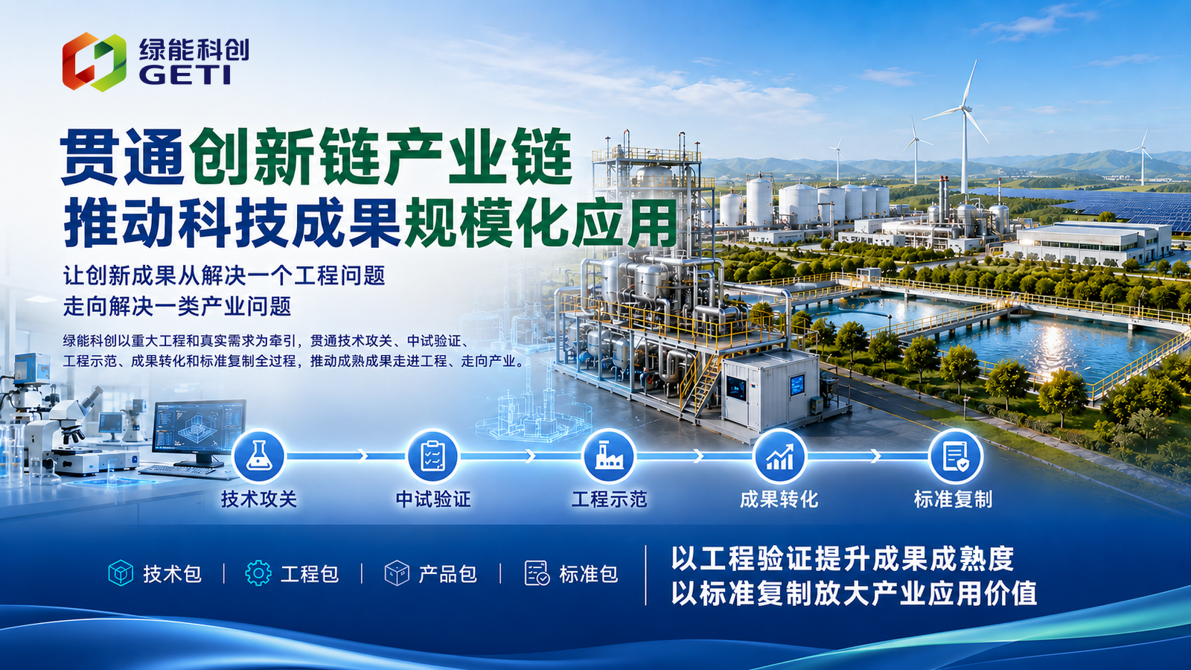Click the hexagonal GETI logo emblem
[94, 62]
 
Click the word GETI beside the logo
[185, 75]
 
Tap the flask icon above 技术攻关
[259, 456]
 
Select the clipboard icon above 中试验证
[432, 456]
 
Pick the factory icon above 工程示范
[609, 456]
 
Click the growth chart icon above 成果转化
[779, 456]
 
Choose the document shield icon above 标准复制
[955, 456]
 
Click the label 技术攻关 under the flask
[259, 500]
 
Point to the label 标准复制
[953, 500]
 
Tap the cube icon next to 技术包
[121, 573]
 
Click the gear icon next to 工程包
[258, 573]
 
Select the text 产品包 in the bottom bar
[447, 574]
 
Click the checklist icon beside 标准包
[537, 573]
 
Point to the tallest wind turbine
[963, 127]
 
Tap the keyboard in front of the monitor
[177, 470]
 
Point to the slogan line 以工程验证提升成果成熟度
[842, 558]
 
